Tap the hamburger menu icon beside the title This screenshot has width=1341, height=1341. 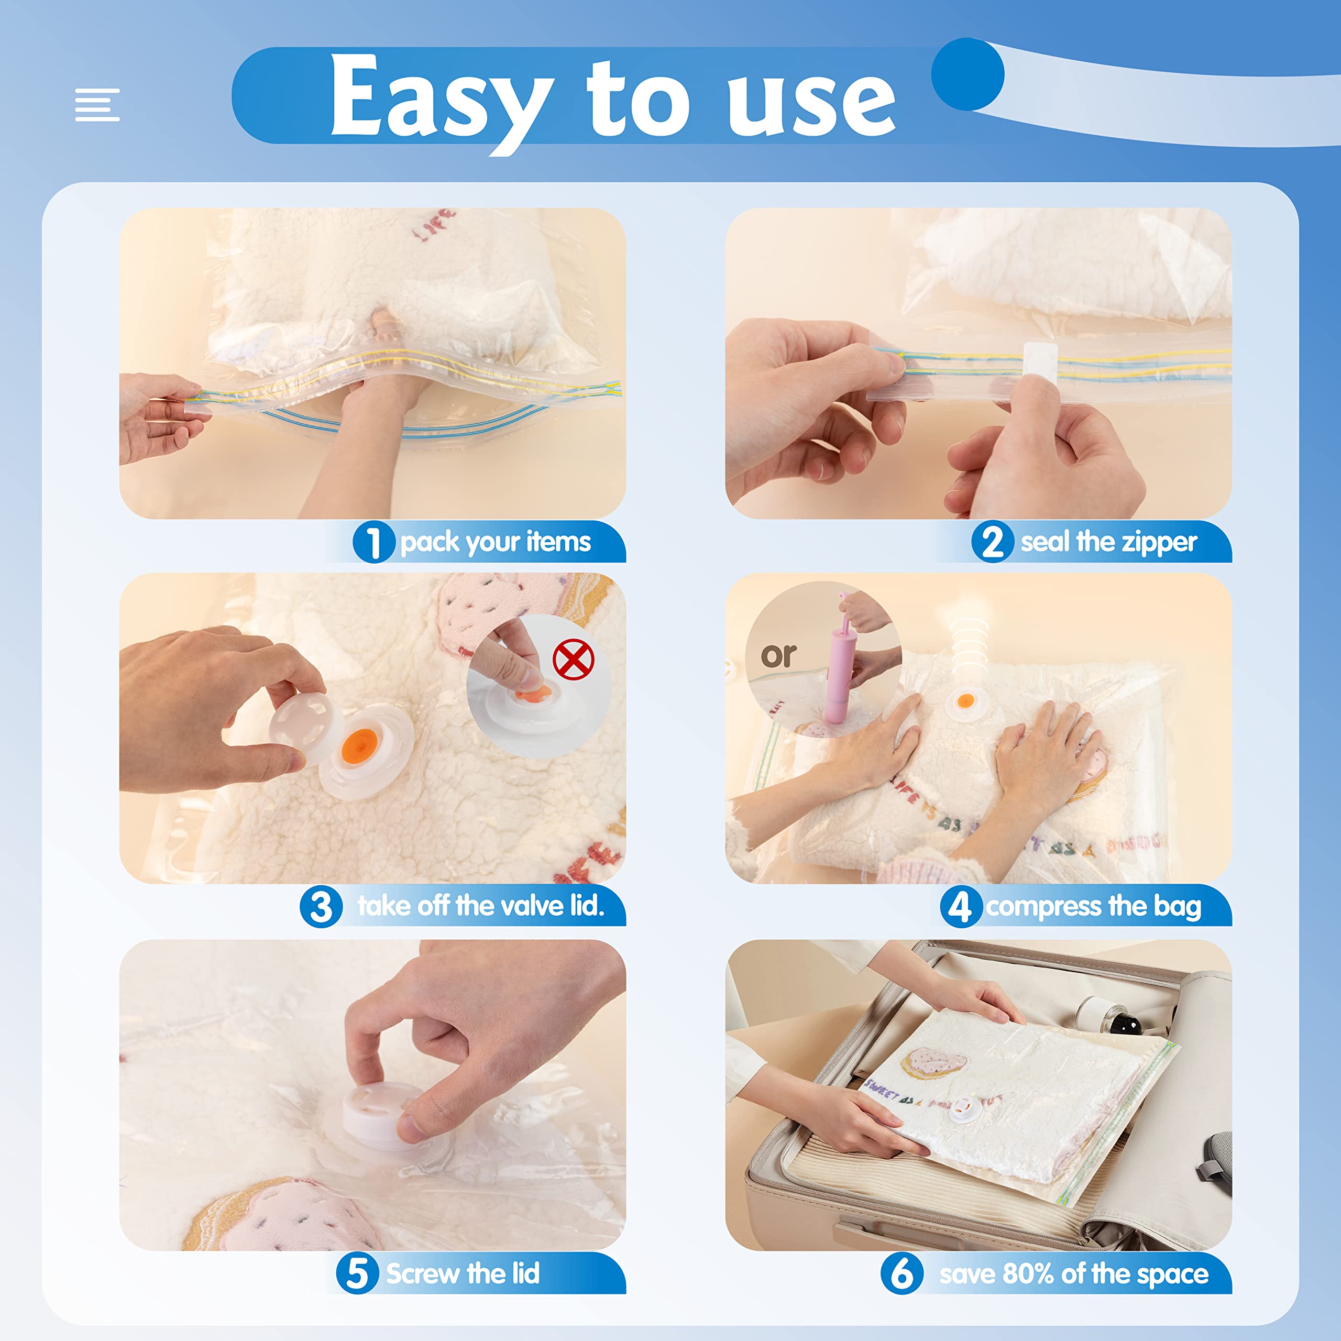(97, 105)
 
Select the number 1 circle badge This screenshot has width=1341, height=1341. (373, 542)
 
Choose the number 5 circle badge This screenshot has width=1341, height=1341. (357, 1273)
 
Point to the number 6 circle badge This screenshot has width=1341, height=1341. (901, 1273)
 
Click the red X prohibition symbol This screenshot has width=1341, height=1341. (573, 660)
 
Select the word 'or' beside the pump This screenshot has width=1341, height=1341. (778, 655)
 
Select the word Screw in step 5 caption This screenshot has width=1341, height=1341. (423, 1273)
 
